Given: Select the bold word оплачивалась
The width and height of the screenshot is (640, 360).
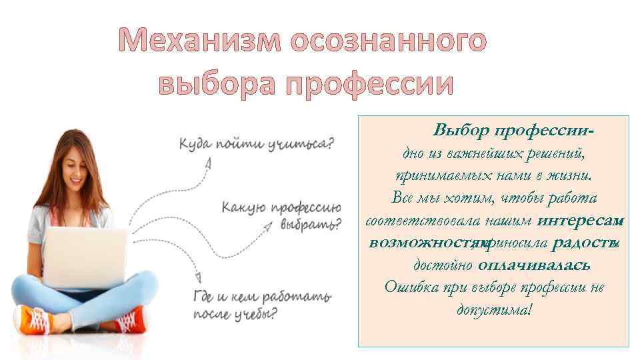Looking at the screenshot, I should click(533, 265).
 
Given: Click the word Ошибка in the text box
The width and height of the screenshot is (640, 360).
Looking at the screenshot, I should click(409, 287).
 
